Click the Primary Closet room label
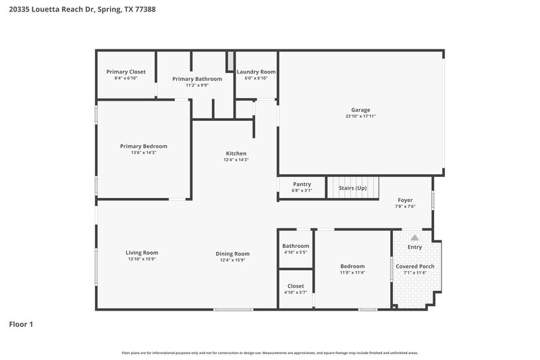tap(126, 72)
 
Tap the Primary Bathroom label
tap(197, 78)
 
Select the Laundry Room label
tap(256, 72)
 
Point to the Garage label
tap(360, 109)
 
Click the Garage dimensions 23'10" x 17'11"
tap(360, 116)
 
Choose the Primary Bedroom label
tap(144, 146)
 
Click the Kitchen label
tap(236, 153)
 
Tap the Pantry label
tap(302, 184)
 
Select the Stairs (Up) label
tap(352, 187)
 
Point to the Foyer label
tap(404, 200)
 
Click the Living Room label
tap(142, 253)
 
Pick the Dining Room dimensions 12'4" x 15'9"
tap(233, 260)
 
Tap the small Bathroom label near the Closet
tap(296, 246)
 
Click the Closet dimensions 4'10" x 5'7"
tap(296, 292)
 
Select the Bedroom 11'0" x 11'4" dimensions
tap(352, 273)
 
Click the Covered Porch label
tap(414, 266)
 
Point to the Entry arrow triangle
tap(414, 238)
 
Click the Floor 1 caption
tap(21, 324)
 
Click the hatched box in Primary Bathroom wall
tap(230, 59)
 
